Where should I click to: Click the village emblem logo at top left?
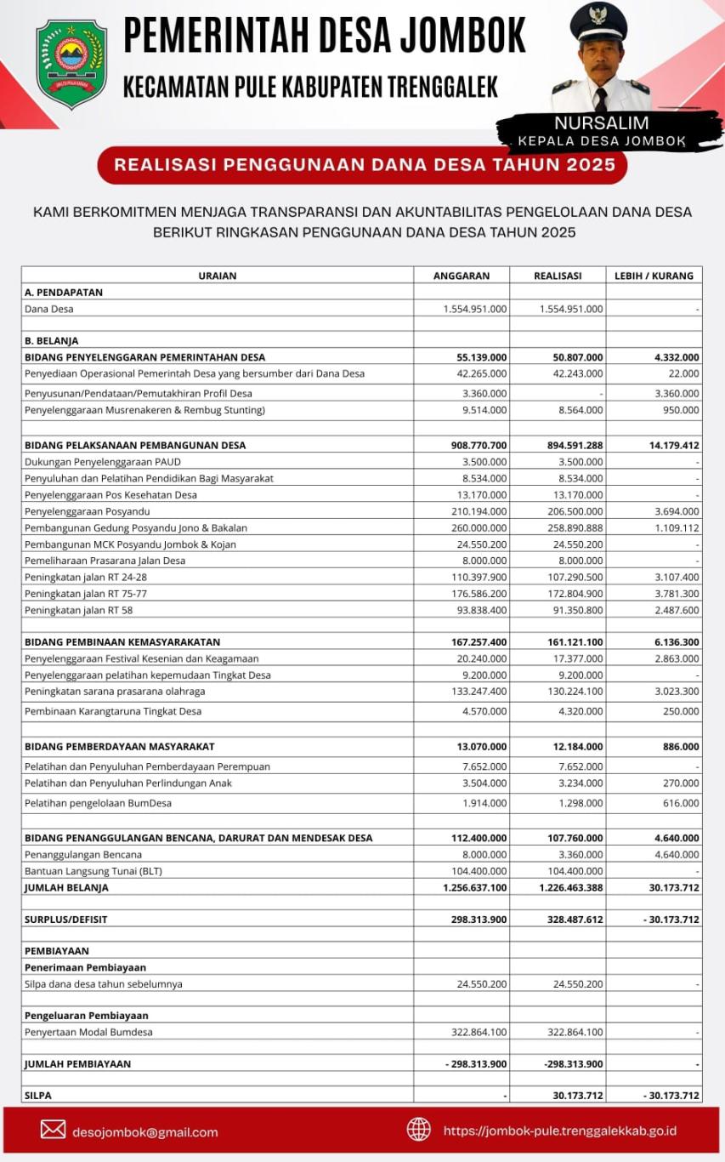coord(71,65)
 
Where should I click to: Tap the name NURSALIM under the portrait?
coord(601,124)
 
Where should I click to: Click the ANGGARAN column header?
coord(462,276)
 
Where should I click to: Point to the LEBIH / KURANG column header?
coord(654,276)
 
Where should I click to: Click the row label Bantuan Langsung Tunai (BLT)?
coord(93,871)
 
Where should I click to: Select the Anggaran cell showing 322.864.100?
coord(475,1032)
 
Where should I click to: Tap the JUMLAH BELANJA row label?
coord(66,887)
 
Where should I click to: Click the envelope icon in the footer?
coord(53,1130)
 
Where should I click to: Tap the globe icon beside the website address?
coord(418,1130)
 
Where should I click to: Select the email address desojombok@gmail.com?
coord(145,1132)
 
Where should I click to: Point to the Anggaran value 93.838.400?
coord(476,610)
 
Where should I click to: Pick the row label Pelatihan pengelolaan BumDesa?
coord(98,803)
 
